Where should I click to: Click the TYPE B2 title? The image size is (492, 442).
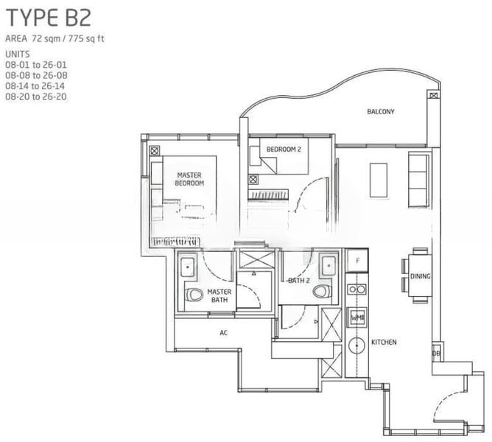49,18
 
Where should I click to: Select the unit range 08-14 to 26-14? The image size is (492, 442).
35,86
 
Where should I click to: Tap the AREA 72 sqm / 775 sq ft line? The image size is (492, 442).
55,38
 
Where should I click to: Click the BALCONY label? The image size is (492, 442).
381,111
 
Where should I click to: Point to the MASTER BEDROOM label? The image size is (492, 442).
189,179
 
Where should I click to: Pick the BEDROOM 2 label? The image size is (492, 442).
284,150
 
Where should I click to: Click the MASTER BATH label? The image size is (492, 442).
219,295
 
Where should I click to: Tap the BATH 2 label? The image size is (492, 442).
299,281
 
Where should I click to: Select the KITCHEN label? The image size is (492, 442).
384,342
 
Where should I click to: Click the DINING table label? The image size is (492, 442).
420,276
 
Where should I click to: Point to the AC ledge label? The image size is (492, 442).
223,333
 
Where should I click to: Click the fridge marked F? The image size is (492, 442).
357,261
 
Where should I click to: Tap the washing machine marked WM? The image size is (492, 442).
357,318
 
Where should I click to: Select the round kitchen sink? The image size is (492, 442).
357,345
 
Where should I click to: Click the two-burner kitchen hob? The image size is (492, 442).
357,289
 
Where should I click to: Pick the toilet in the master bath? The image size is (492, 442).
193,295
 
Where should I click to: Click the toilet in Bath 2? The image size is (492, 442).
323,292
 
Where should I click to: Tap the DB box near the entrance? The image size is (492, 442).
437,354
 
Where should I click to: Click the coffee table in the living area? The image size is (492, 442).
379,180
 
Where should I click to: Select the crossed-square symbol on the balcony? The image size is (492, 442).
433,96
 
